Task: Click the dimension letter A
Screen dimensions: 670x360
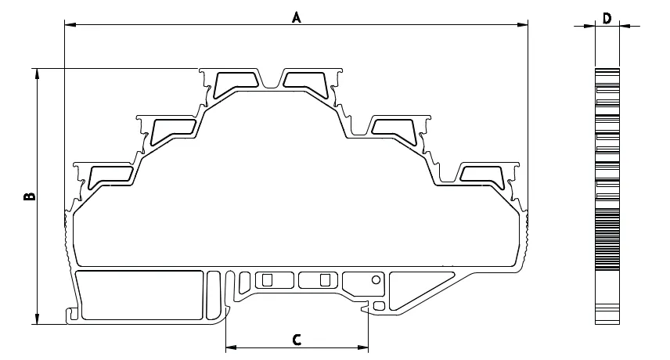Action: click(x=297, y=17)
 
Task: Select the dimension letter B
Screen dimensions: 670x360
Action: click(x=30, y=196)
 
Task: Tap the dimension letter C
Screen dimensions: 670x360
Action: click(x=297, y=340)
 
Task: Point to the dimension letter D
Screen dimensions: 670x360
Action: click(x=607, y=18)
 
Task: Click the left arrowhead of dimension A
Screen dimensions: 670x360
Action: click(x=70, y=25)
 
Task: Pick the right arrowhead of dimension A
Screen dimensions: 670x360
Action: click(x=522, y=25)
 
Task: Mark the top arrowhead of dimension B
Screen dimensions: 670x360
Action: click(x=38, y=74)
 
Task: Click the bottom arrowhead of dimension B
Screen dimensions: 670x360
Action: click(x=38, y=319)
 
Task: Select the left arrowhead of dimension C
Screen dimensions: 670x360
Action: click(x=231, y=347)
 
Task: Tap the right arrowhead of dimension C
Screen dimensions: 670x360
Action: click(x=362, y=347)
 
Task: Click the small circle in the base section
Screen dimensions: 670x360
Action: click(x=376, y=280)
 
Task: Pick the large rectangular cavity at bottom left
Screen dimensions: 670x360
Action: click(x=141, y=295)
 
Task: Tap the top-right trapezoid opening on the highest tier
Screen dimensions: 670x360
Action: click(x=305, y=81)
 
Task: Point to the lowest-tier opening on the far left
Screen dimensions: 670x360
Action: click(x=111, y=175)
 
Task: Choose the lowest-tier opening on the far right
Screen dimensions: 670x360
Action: click(x=482, y=175)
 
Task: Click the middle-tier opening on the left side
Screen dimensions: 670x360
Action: click(x=173, y=129)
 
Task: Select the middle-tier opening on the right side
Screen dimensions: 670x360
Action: click(x=394, y=128)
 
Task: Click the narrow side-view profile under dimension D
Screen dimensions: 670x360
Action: click(x=607, y=196)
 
